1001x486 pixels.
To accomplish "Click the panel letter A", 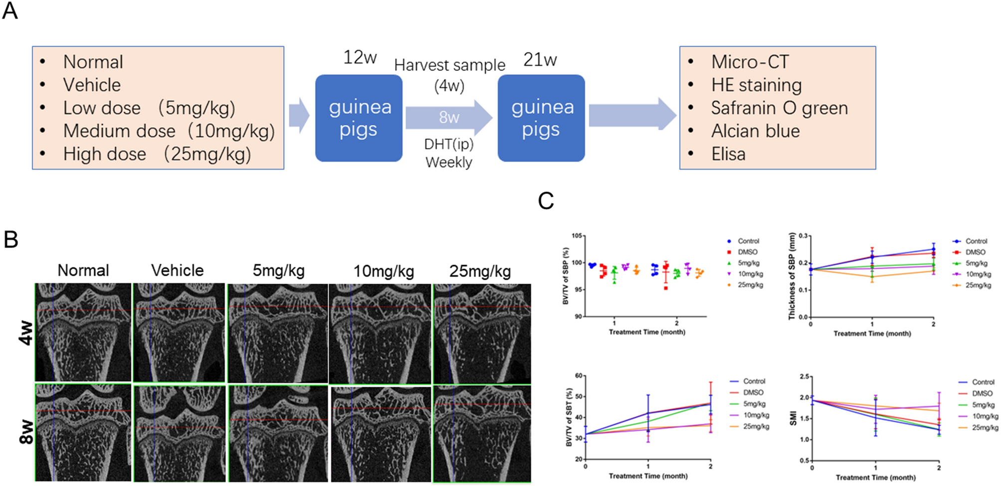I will (10, 11).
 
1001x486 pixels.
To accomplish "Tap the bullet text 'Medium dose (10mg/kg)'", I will (169, 131).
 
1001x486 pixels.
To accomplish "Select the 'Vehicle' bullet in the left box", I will (92, 85).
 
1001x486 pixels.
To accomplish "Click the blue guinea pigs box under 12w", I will (359, 118).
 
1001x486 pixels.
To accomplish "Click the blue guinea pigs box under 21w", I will (541, 118).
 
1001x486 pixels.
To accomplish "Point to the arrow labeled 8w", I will (449, 118).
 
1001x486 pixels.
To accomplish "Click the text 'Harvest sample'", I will (449, 65).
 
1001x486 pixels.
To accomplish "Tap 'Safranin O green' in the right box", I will (779, 108).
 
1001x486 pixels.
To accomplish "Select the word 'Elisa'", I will (728, 154).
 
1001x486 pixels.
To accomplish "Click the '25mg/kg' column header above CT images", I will (480, 271).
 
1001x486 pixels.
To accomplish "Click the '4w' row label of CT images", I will (26, 333).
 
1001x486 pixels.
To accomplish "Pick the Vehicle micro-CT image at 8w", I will (179, 433).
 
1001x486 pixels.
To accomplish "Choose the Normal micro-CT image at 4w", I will (83, 332).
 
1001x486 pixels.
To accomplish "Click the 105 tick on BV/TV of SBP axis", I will (577, 236).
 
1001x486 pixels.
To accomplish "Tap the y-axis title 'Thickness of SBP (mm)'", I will (791, 276).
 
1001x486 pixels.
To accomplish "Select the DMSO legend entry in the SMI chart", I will (982, 393).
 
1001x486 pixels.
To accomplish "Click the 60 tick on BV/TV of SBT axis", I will (579, 376).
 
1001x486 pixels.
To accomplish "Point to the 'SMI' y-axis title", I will (793, 418).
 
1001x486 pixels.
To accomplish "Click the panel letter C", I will (546, 201).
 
